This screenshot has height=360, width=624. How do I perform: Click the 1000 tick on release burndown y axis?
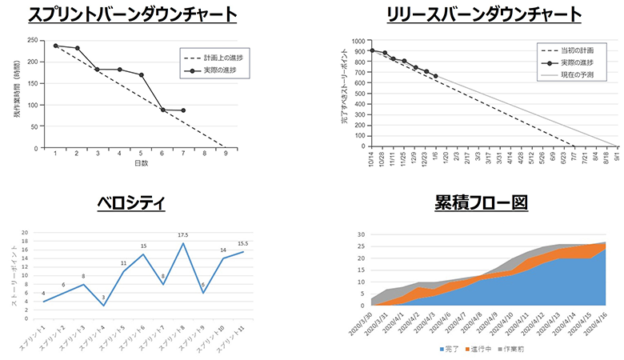point(357,40)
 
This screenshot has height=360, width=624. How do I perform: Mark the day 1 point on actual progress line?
point(56,46)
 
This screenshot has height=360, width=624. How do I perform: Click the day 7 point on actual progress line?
point(183,110)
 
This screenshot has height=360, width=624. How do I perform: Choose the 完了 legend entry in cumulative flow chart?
point(453,350)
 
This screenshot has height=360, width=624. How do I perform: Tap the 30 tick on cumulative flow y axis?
point(362,235)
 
